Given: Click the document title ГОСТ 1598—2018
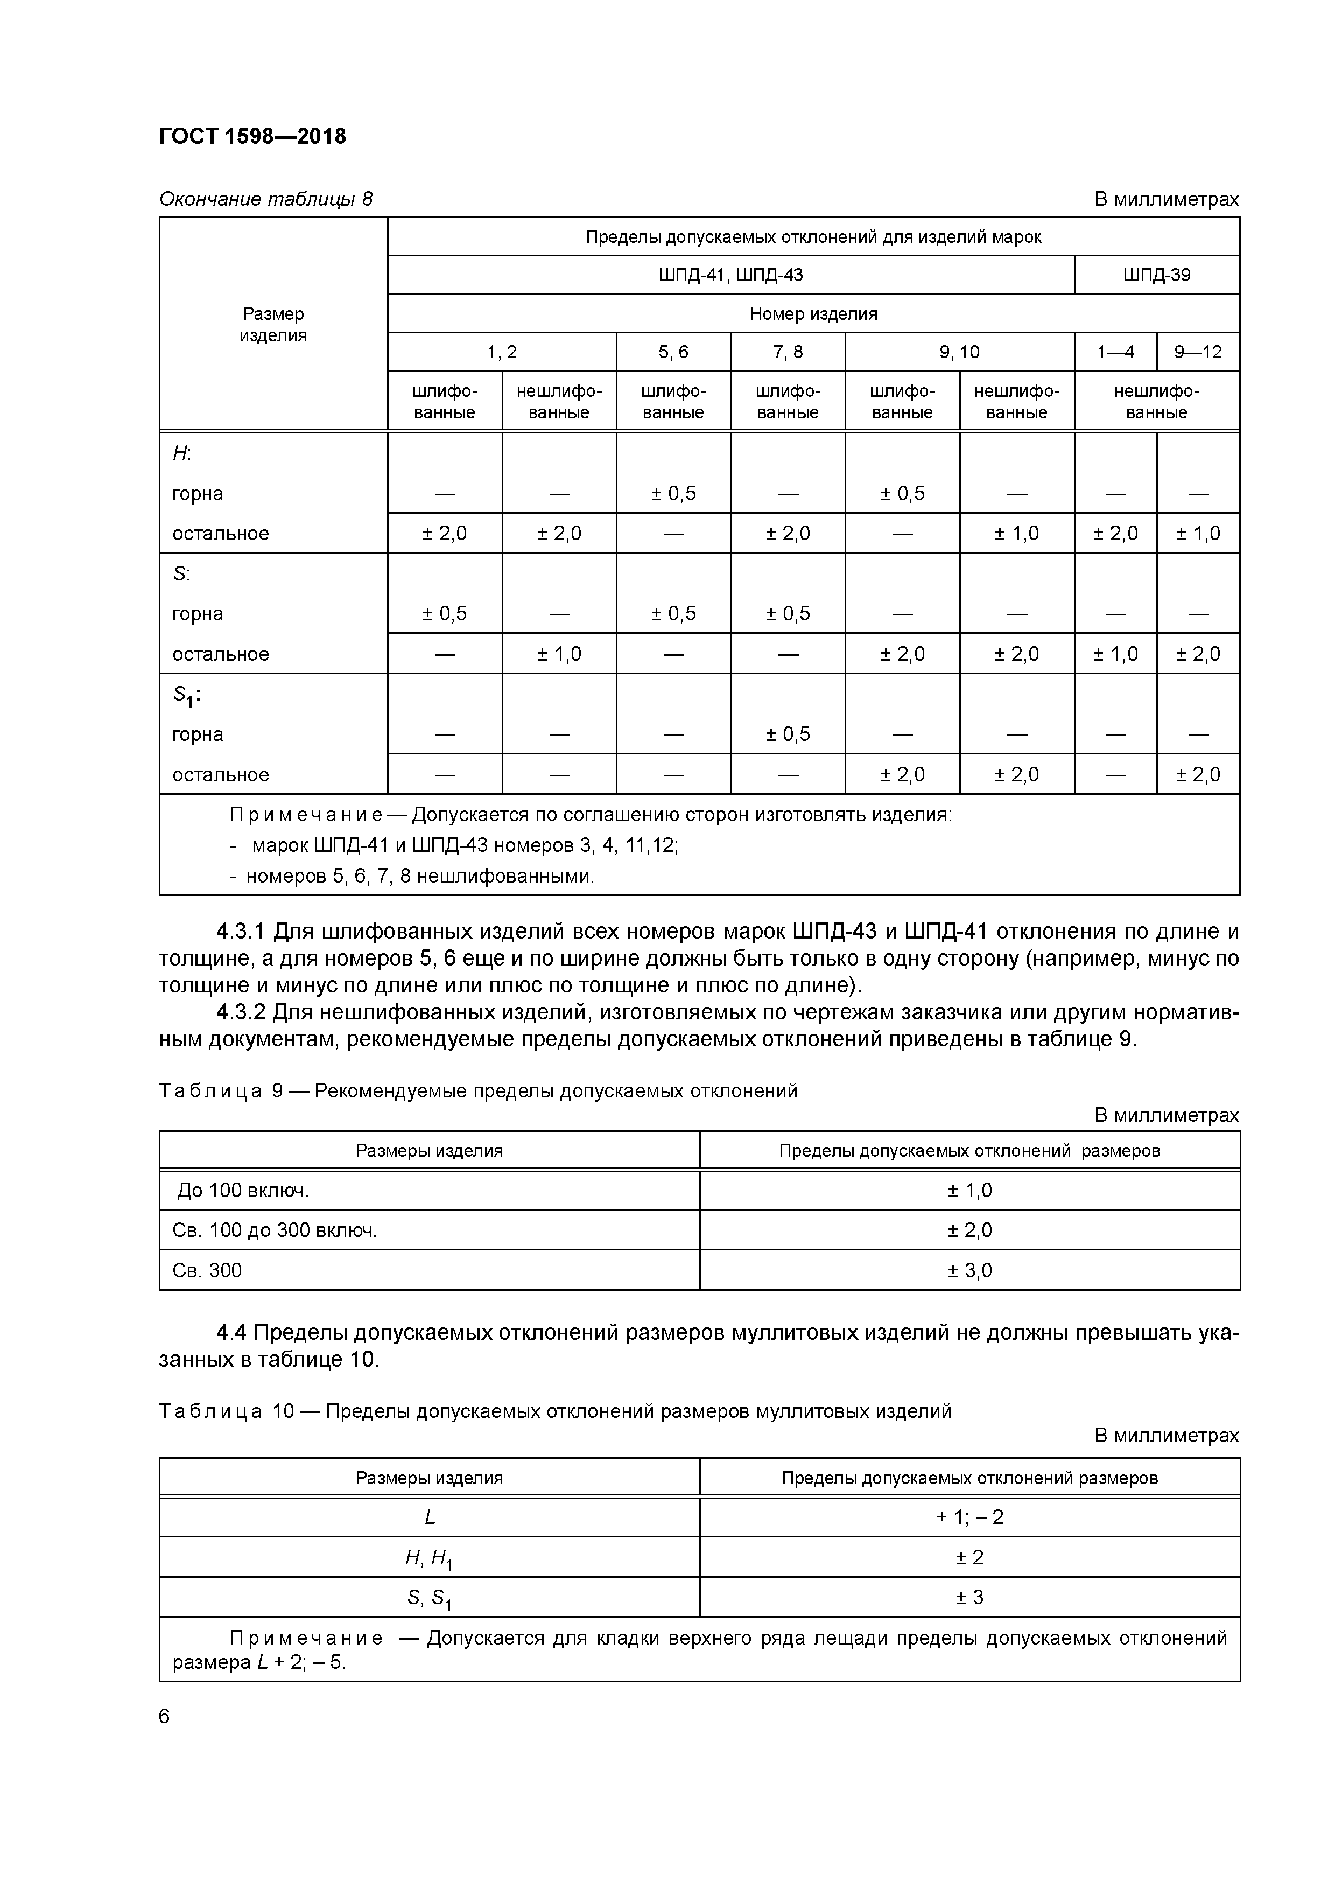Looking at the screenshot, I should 252,137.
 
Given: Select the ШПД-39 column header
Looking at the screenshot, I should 1156,275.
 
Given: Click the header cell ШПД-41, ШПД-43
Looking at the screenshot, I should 730,275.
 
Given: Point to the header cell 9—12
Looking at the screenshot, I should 1198,352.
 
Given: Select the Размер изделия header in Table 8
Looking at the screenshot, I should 273,324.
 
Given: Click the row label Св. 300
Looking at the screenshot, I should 207,1270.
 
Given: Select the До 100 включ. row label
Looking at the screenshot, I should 243,1191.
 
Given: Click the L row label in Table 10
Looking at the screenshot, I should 430,1517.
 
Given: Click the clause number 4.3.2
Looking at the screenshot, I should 240,1012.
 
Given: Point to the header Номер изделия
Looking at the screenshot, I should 813,313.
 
